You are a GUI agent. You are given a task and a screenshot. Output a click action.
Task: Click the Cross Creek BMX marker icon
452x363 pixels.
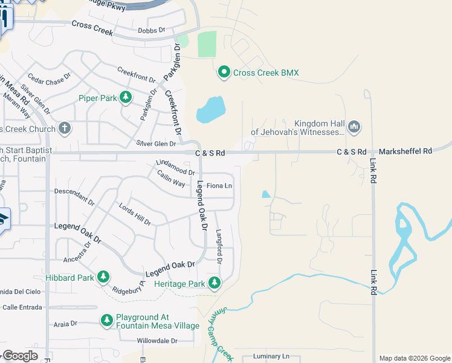click(224, 73)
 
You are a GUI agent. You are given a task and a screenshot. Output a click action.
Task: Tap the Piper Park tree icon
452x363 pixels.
click(126, 97)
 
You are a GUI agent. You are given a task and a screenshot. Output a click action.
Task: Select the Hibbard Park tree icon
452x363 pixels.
click(103, 277)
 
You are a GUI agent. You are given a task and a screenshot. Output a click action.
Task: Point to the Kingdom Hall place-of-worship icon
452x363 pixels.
click(354, 126)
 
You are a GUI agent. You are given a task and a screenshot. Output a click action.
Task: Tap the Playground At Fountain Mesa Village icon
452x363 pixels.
click(107, 320)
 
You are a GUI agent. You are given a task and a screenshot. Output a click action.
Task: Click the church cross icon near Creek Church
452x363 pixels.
click(65, 128)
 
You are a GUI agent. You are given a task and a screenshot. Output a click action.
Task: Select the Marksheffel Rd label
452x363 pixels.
click(405, 151)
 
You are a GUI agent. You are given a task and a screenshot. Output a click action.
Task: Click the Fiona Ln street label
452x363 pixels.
click(219, 186)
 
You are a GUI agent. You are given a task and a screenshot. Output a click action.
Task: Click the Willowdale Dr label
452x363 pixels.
click(157, 341)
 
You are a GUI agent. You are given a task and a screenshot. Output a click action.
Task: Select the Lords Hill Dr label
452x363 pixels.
click(135, 214)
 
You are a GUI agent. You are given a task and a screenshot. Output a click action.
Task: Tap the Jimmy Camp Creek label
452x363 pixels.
click(221, 332)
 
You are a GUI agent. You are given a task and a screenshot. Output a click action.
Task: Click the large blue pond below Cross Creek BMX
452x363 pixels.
click(210, 110)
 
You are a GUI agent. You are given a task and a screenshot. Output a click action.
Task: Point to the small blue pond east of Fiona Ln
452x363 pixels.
click(266, 194)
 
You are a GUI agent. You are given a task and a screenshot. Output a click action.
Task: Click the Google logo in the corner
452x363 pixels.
click(20, 355)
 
